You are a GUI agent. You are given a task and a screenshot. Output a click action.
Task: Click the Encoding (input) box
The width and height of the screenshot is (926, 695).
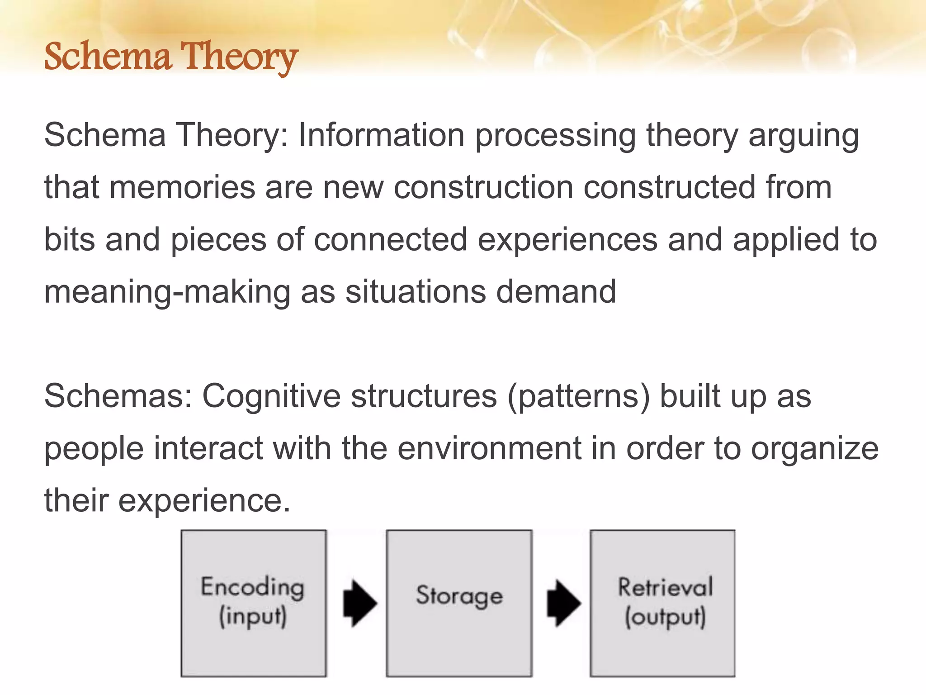coord(253,603)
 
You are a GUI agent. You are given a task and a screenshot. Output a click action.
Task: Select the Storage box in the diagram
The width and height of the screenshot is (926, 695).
coord(458,603)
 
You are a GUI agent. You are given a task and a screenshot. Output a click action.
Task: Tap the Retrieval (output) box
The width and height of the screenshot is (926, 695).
coord(662,603)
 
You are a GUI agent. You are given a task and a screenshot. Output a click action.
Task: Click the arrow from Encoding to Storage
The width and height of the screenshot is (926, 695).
coord(359,603)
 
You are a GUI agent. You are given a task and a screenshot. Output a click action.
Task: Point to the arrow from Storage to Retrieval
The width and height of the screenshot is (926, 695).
coord(563,603)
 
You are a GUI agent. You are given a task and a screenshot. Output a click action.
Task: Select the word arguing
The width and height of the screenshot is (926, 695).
coord(803,136)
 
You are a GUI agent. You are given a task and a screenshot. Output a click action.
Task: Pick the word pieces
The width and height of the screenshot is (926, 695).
coord(218,240)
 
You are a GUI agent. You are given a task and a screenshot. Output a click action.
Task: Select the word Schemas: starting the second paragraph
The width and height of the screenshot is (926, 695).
coord(118,396)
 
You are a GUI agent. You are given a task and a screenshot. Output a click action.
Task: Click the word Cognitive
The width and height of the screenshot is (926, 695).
coord(271,396)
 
